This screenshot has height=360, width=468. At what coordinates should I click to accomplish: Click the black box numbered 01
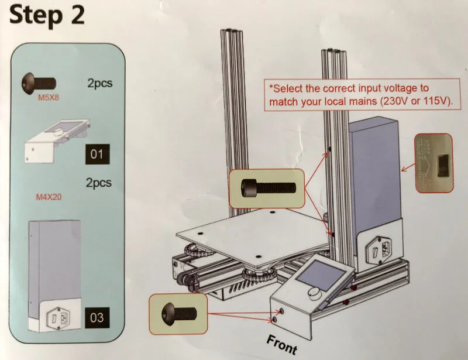point(97,155)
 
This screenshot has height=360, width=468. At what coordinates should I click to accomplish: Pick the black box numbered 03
point(97,318)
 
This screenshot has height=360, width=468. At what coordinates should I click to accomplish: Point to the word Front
point(282,344)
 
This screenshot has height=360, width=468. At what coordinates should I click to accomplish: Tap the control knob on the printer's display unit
point(315,292)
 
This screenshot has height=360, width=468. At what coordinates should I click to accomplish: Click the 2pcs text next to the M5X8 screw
point(99,83)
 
